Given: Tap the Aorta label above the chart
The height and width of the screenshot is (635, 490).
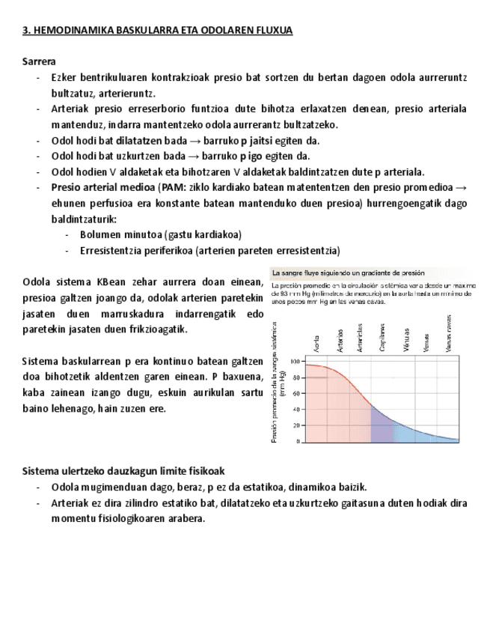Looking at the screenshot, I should [x=317, y=343].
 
